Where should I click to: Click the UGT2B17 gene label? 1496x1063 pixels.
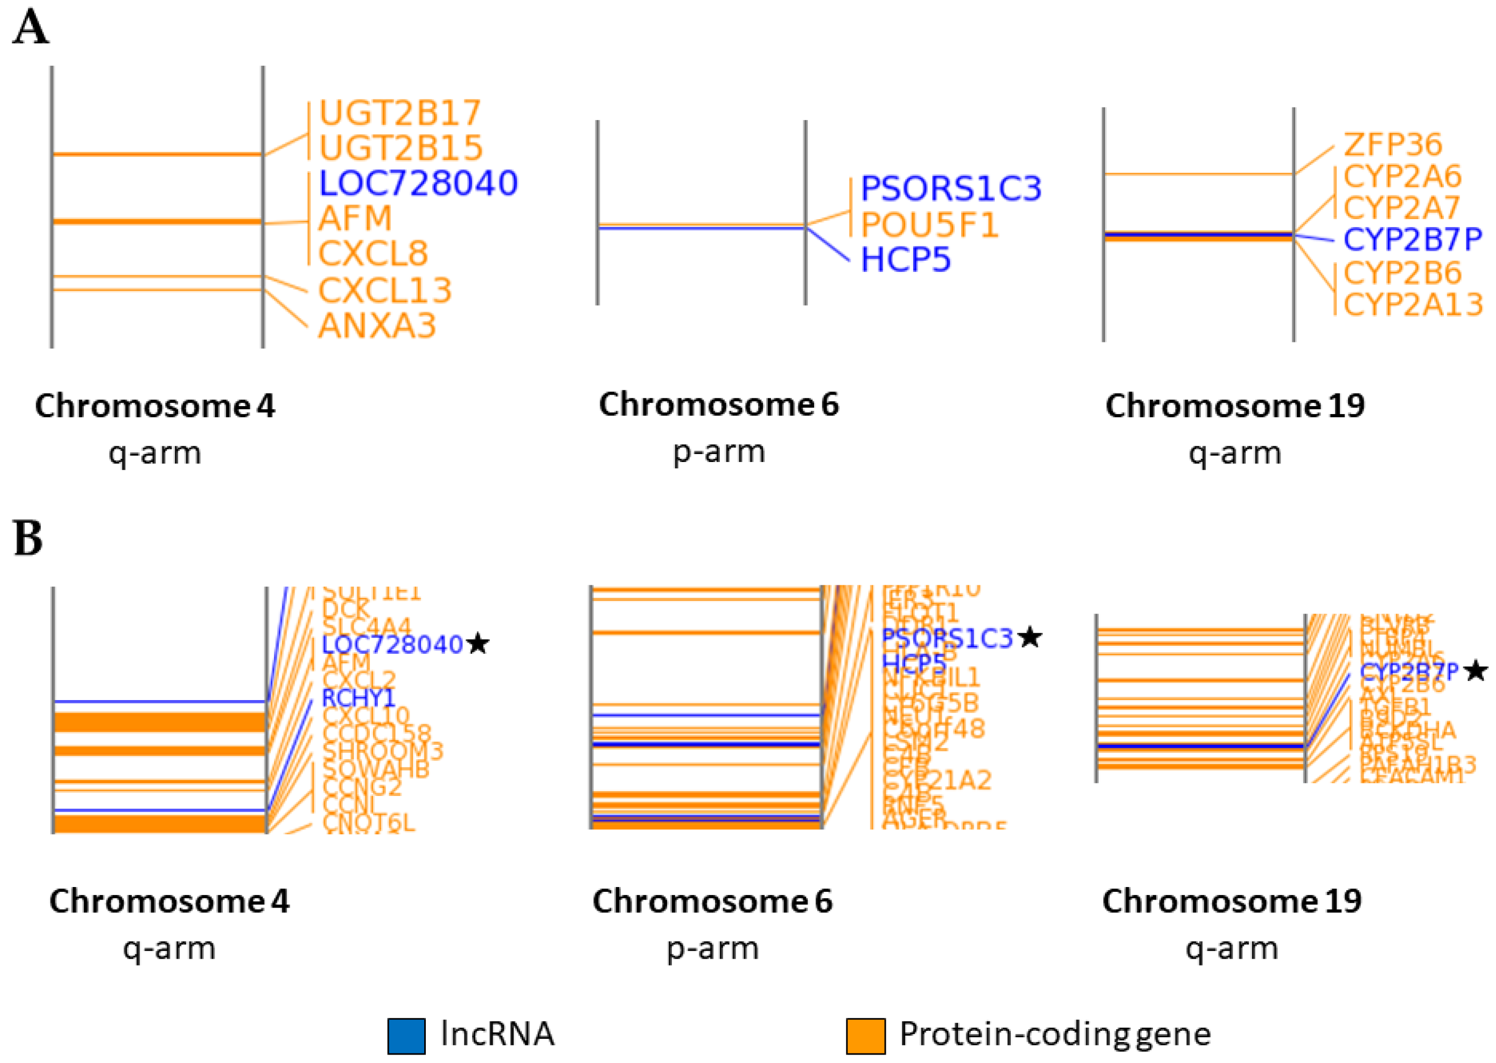click(399, 113)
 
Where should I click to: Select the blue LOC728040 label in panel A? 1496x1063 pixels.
click(418, 183)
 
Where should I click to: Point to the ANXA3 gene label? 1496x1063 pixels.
click(377, 326)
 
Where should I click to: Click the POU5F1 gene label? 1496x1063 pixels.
click(929, 225)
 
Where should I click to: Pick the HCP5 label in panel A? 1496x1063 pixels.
click(905, 260)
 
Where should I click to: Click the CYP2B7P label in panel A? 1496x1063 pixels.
click(1412, 240)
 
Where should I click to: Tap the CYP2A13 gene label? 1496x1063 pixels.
click(1413, 305)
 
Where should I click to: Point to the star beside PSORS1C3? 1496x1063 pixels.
click(1031, 636)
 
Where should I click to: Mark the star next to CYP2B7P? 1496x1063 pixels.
click(1477, 671)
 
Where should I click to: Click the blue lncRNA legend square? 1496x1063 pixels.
click(406, 1036)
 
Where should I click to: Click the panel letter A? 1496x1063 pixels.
click(30, 29)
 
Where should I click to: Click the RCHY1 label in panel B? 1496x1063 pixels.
click(359, 698)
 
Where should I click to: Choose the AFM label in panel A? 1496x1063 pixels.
click(355, 219)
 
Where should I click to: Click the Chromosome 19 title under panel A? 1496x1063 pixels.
click(1235, 406)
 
